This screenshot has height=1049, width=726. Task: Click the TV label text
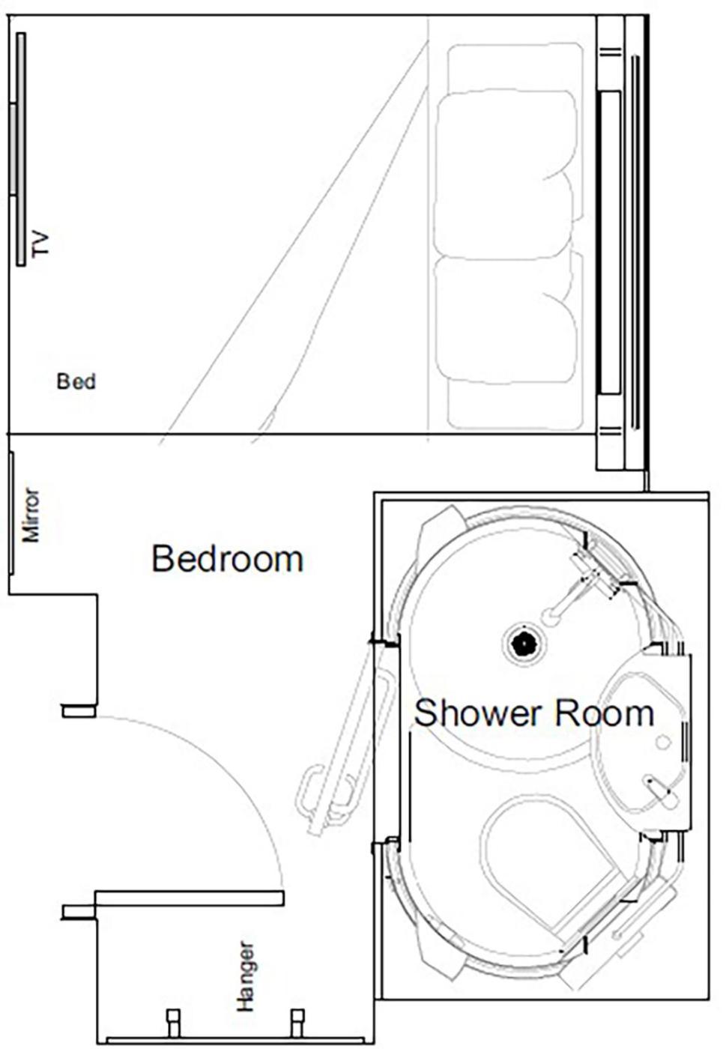(40, 244)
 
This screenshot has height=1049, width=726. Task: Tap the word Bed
(76, 381)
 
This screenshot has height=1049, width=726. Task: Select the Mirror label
(31, 515)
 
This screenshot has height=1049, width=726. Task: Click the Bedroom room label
(227, 559)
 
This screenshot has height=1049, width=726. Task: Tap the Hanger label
(246, 976)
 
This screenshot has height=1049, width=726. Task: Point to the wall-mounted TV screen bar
(20, 149)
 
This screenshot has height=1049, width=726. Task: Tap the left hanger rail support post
(173, 1023)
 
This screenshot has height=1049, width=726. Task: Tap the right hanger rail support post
(297, 1023)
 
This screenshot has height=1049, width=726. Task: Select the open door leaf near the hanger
(190, 898)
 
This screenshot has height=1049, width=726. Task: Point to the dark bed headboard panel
(610, 242)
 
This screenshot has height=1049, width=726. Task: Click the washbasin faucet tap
(659, 790)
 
